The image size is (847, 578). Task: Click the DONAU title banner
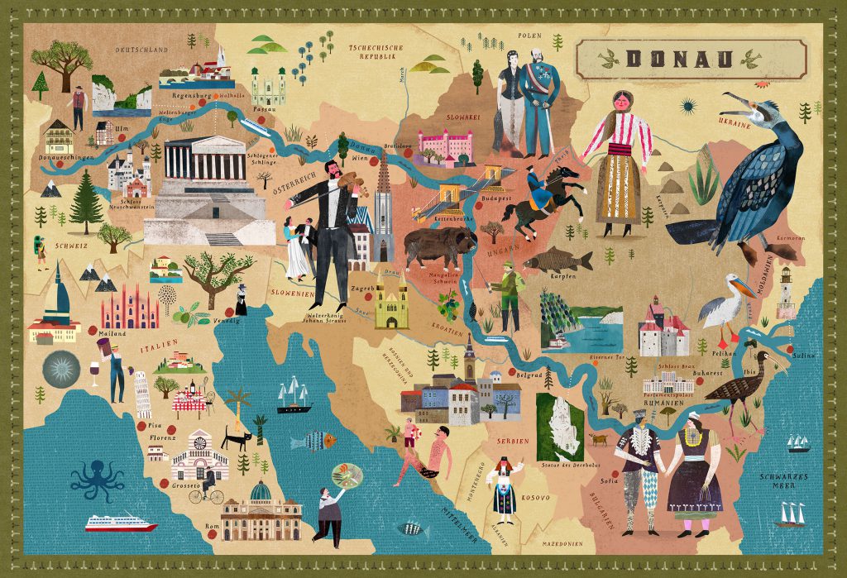(691, 59)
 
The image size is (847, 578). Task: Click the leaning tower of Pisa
(142, 395)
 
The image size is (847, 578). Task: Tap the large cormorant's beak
(735, 105)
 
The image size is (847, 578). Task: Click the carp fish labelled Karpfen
(557, 260)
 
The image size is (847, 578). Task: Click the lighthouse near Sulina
(785, 294)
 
